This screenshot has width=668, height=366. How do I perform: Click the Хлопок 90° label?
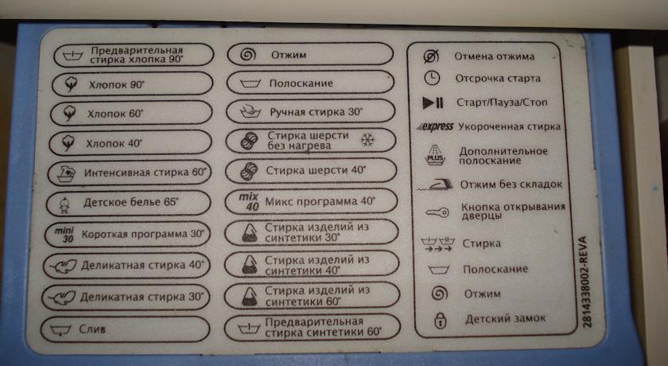(117, 85)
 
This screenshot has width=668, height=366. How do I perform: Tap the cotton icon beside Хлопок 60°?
(69, 113)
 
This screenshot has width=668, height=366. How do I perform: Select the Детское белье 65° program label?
(130, 202)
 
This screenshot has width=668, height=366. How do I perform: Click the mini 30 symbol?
(64, 235)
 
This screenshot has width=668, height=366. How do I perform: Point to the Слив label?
(92, 329)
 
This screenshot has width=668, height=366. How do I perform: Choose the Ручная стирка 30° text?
(317, 112)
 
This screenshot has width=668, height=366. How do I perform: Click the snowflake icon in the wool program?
(367, 140)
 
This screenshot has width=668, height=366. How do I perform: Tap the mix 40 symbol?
(249, 202)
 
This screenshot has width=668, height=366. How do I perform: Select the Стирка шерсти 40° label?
(317, 170)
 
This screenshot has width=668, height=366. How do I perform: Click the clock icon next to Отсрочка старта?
(432, 78)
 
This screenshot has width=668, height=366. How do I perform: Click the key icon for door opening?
(437, 212)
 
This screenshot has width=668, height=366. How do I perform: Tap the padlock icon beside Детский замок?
(440, 321)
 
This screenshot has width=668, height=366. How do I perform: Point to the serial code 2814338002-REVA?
(587, 281)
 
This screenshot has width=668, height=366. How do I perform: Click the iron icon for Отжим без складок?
(436, 184)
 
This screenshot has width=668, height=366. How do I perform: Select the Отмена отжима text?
(494, 56)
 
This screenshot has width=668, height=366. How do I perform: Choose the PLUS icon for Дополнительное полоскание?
(435, 155)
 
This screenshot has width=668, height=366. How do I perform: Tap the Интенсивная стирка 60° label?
(145, 173)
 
